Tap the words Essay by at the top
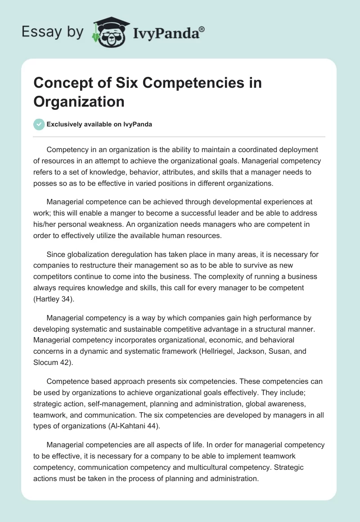click(x=53, y=32)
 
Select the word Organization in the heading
click(x=79, y=101)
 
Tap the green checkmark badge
click(x=39, y=124)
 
